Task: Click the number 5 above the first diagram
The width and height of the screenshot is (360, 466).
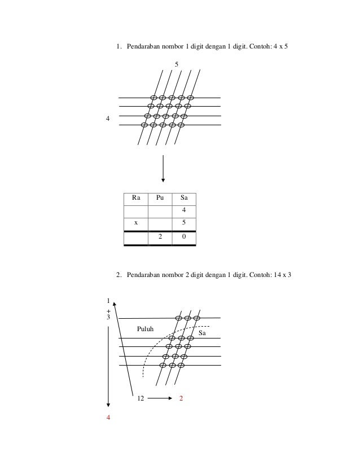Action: click(x=177, y=65)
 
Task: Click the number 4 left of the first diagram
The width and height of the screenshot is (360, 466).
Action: click(x=107, y=119)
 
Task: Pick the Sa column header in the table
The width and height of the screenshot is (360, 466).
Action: click(x=184, y=199)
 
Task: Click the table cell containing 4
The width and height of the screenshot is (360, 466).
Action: click(x=184, y=211)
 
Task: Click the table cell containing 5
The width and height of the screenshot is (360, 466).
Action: click(x=184, y=223)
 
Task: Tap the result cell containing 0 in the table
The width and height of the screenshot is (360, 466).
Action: click(x=184, y=238)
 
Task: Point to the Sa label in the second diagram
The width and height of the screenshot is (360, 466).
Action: click(x=202, y=334)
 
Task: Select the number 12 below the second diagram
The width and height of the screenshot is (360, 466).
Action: click(x=140, y=398)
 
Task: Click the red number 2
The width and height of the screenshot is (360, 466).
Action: click(x=181, y=398)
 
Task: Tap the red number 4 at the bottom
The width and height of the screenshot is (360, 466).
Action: click(x=108, y=418)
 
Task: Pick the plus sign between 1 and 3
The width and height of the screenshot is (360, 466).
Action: click(x=108, y=311)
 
